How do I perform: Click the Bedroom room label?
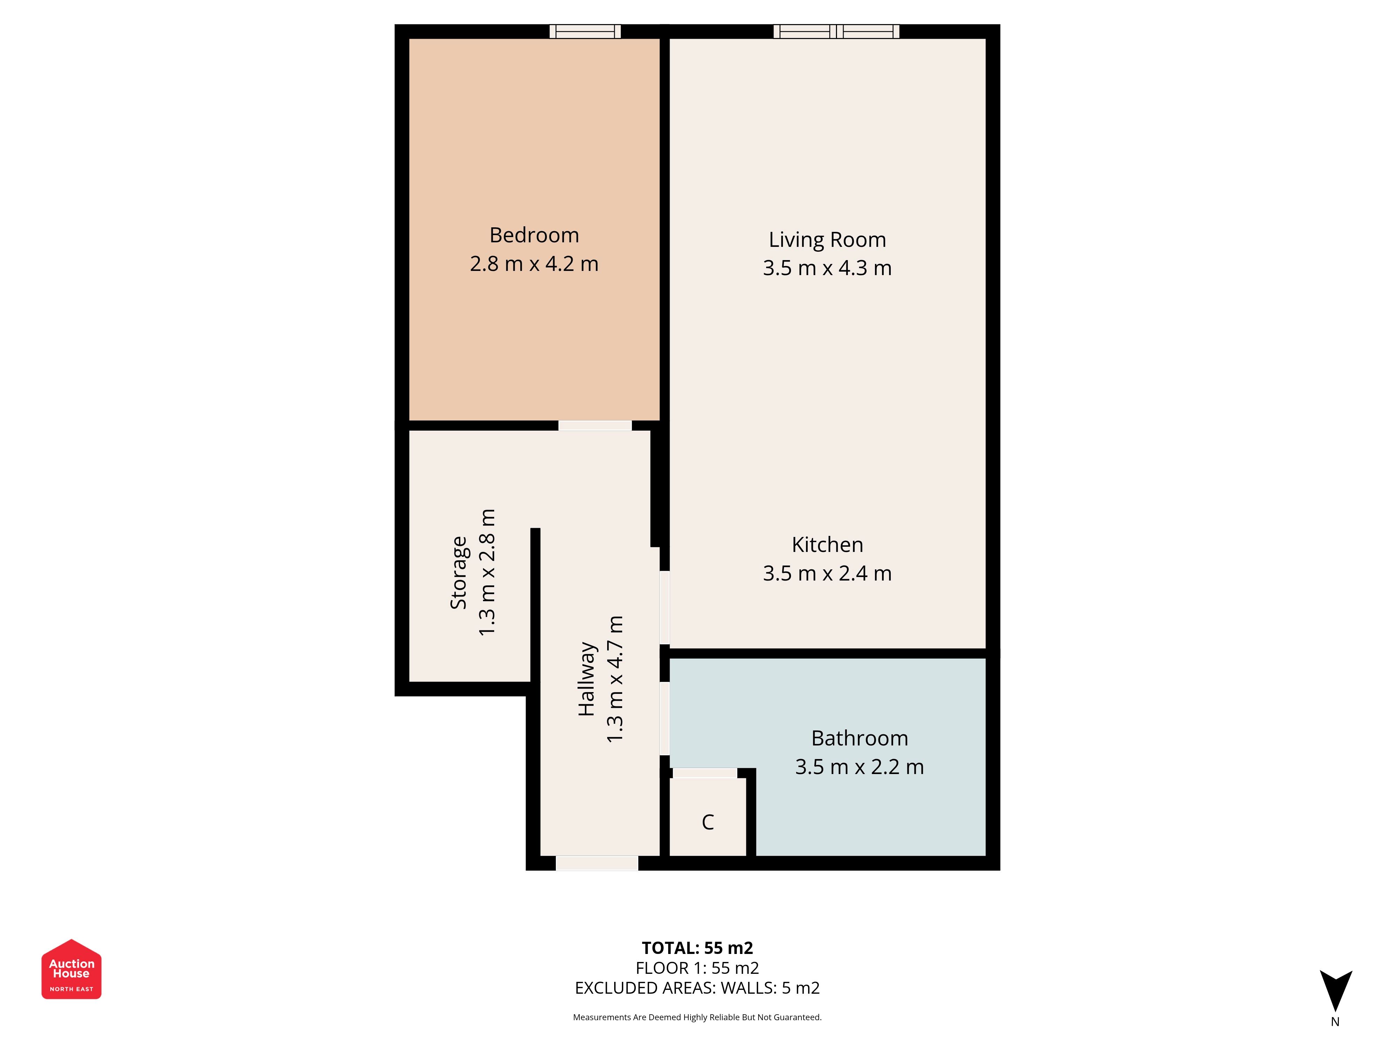tap(534, 235)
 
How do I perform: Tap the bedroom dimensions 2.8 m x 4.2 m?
tap(534, 264)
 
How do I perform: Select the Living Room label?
tap(828, 240)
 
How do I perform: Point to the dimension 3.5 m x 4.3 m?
tap(828, 268)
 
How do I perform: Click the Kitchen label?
tap(828, 545)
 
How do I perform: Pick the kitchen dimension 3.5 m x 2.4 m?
tap(828, 573)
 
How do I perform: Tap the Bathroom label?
tap(860, 738)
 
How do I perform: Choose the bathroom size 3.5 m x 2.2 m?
tap(860, 767)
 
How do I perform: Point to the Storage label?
tap(459, 573)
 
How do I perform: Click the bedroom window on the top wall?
tap(585, 31)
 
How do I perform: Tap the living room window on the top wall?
tap(836, 31)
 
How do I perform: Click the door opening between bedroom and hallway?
tap(595, 426)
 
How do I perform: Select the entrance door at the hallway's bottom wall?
tap(597, 863)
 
